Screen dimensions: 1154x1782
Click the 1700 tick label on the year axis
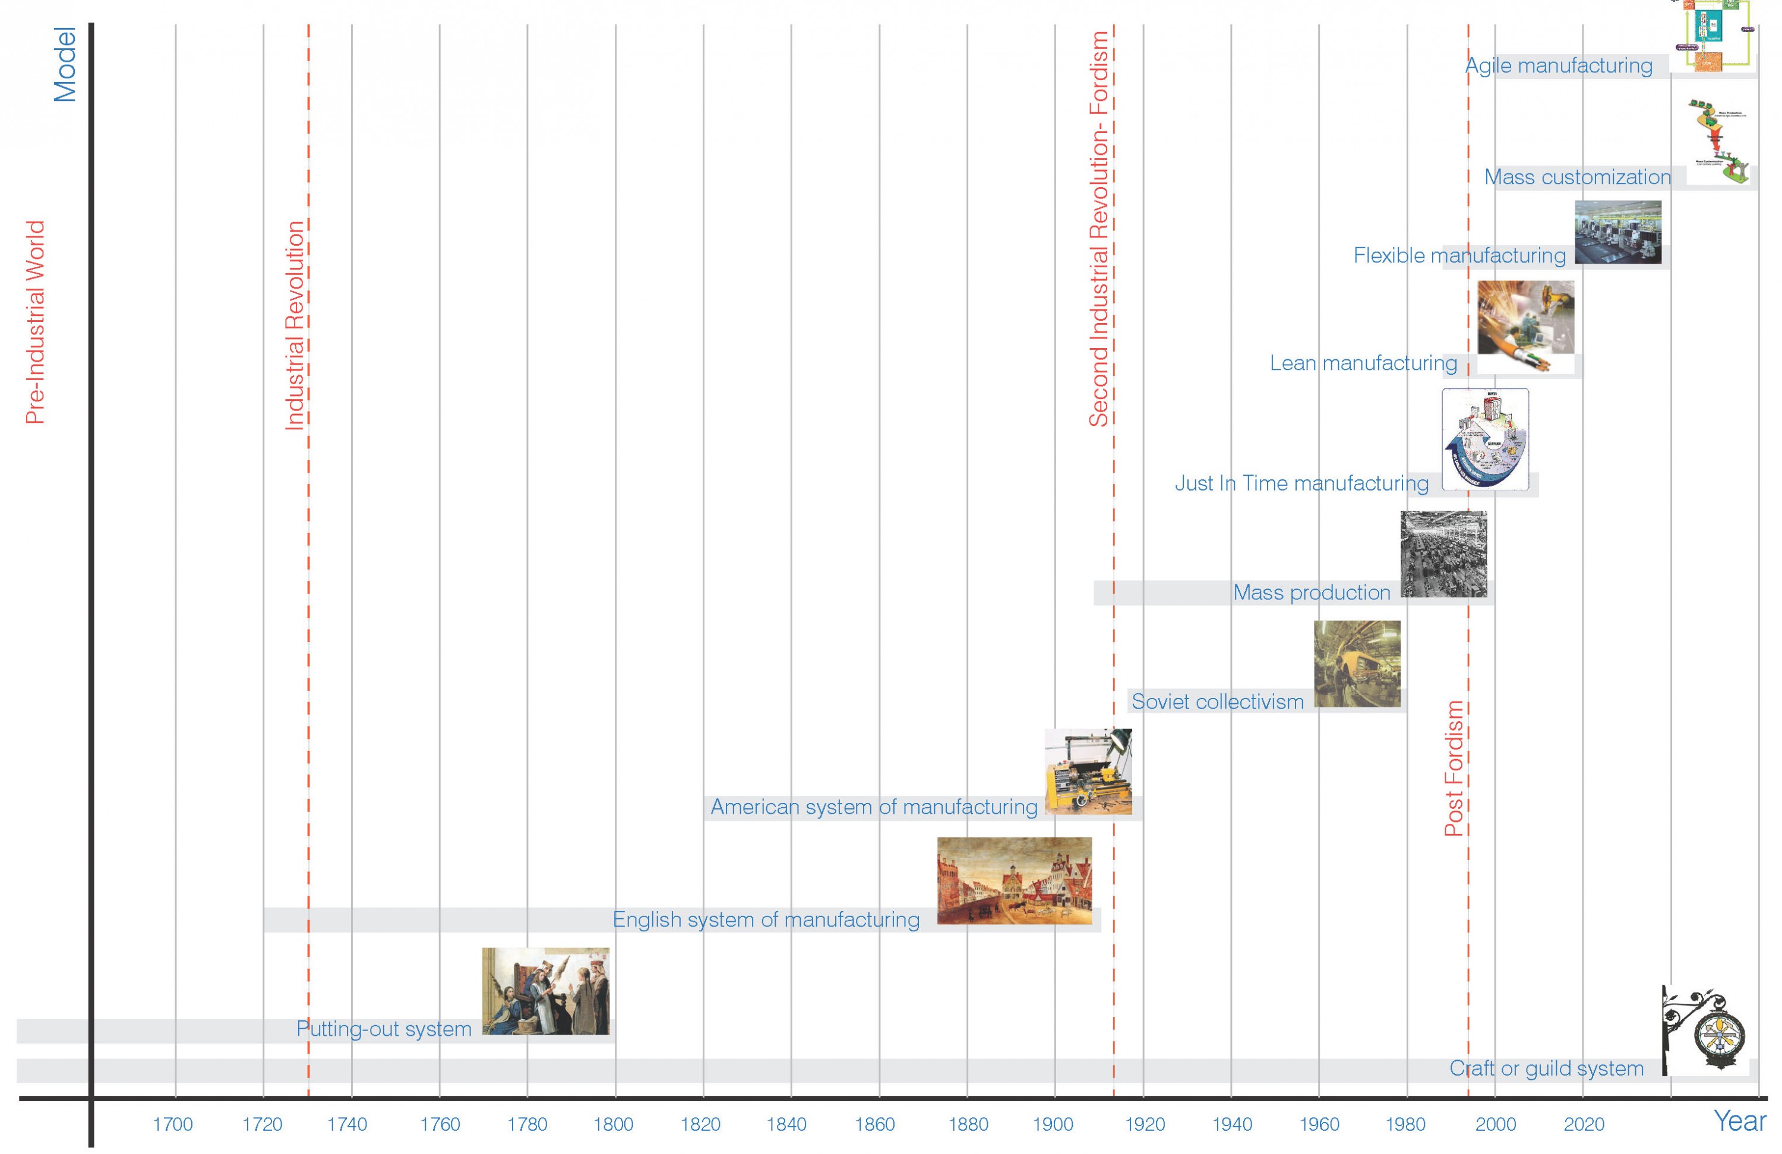coord(173,1124)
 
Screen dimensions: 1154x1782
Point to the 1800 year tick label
coord(613,1124)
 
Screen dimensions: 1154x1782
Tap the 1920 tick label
coord(1145,1124)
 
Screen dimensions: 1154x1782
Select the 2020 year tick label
coord(1584,1124)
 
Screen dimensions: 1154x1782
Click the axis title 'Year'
coord(1739,1121)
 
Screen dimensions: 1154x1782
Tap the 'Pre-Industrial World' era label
coord(35,322)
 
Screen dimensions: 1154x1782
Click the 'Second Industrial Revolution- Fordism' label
coord(1098,229)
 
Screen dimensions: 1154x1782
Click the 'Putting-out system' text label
coord(384,1028)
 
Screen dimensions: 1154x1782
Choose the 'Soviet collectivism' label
coord(1218,701)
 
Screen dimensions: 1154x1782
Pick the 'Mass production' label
coord(1312,592)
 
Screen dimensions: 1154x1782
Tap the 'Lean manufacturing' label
coord(1363,363)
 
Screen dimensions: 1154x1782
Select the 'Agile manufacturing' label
coord(1559,66)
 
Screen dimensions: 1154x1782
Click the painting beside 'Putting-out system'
coord(545,991)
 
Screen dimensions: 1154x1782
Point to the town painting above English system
coord(1015,880)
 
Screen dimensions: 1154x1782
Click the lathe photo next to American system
coord(1088,772)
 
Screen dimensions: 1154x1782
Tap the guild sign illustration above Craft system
coord(1705,1030)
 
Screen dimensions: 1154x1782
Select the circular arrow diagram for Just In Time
coord(1485,439)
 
